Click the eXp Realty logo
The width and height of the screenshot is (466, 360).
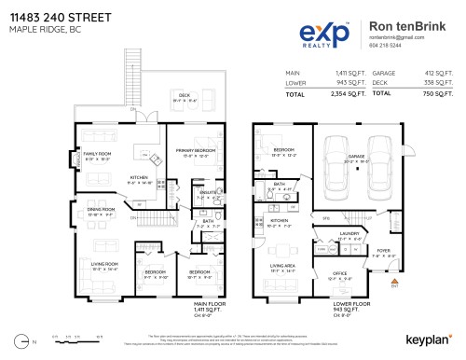click(325, 35)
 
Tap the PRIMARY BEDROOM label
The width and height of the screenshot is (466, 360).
click(195, 150)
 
